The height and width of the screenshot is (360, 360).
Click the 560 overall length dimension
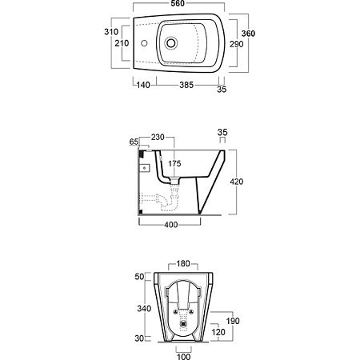178,3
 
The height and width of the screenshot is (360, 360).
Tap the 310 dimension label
111,32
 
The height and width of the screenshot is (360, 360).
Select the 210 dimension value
122,43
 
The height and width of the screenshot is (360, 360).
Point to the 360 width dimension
248,34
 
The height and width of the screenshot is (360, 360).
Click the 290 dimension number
237,44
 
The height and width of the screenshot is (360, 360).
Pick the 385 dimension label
186,85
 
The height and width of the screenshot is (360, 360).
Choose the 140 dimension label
143,85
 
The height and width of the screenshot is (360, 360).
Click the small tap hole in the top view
144,43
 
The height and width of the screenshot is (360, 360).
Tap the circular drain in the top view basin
171,43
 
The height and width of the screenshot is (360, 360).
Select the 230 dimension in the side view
158,137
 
